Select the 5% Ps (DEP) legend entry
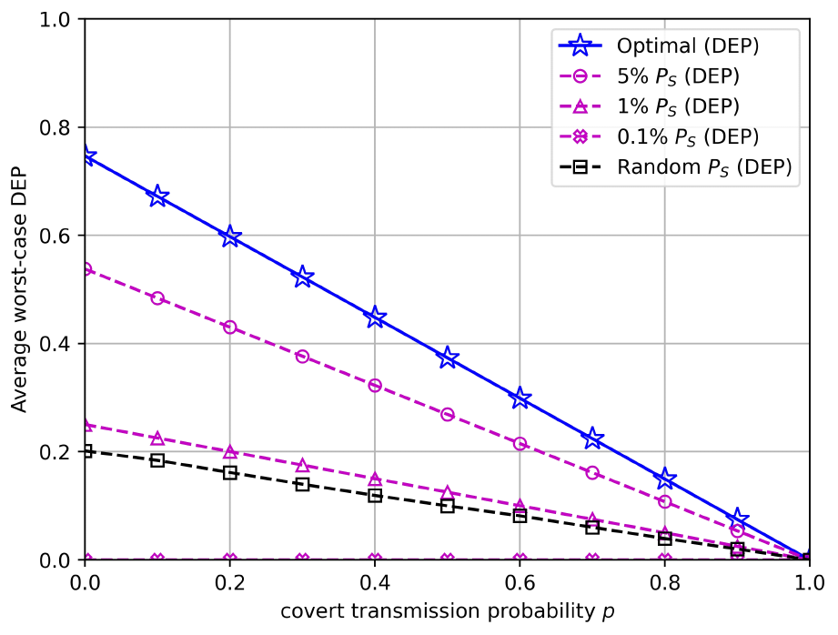[x=672, y=76]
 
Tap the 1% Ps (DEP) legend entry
[x=672, y=106]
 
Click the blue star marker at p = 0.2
[x=230, y=237]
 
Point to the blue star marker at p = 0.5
[x=448, y=358]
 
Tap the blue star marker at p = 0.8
[x=665, y=479]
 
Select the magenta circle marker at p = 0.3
[x=303, y=357]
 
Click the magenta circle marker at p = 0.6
[x=520, y=444]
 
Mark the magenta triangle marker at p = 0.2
[x=230, y=452]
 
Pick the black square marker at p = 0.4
[x=375, y=496]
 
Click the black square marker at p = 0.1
[x=157, y=460]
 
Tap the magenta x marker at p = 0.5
[x=448, y=559]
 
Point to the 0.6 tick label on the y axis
[x=56, y=236]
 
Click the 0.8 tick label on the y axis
[x=56, y=127]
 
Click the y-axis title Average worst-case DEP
[x=20, y=289]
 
